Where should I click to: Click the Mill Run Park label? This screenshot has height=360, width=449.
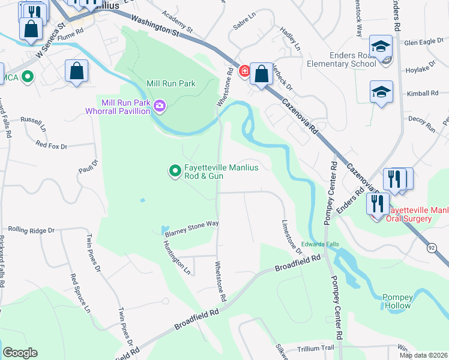[x=171, y=84]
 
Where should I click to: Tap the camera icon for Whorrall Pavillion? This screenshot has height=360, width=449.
[x=160, y=107]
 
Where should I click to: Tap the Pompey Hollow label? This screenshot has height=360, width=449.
[x=398, y=301]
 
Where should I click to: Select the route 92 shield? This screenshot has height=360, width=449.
[x=432, y=247]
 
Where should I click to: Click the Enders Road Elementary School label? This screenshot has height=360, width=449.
[x=341, y=60]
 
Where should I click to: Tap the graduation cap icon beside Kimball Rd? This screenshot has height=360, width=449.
[x=381, y=92]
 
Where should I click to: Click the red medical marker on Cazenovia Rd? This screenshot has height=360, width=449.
[x=244, y=71]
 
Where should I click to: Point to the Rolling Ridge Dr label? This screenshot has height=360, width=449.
[x=31, y=230]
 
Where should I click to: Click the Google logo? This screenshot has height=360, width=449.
[x=20, y=353]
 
